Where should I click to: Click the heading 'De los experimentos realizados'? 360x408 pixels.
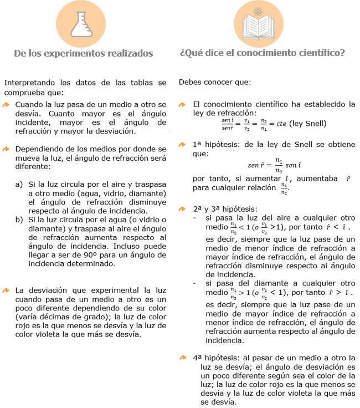pyautogui.click(x=84, y=54)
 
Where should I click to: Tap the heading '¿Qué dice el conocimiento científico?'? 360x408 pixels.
pyautogui.click(x=263, y=54)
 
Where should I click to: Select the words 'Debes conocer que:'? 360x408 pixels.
pyautogui.click(x=214, y=82)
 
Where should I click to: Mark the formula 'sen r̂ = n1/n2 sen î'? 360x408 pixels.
pyautogui.click(x=274, y=165)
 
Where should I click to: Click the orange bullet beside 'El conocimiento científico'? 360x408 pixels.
pyautogui.click(x=182, y=104)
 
